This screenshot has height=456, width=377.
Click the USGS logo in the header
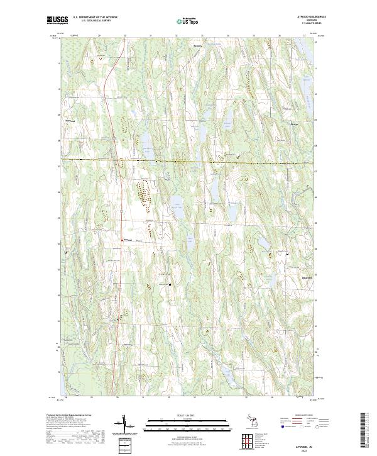point(57,21)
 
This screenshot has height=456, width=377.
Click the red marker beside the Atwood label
point(122,239)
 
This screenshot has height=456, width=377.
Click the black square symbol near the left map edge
point(66,252)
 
